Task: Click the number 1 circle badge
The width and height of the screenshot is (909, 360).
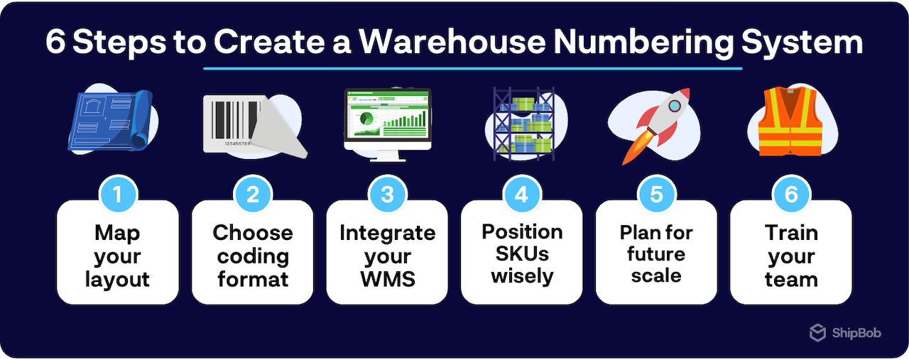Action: tap(118, 194)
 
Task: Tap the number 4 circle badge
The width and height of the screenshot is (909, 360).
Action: tap(522, 194)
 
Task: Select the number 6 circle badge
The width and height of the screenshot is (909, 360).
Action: tap(791, 194)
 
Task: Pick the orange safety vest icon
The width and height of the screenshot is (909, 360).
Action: tap(790, 122)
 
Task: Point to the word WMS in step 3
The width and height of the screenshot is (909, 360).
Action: tap(387, 279)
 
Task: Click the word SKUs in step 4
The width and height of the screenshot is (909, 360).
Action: tap(522, 253)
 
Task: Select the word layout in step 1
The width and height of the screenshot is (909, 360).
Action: tap(117, 279)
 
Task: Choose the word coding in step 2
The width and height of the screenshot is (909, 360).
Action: tap(253, 256)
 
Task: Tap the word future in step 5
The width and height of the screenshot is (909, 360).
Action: tap(656, 253)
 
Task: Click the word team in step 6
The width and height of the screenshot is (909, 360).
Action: tap(791, 279)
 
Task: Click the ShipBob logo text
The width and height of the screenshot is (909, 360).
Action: tap(856, 332)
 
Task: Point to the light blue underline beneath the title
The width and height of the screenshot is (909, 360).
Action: tap(472, 69)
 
